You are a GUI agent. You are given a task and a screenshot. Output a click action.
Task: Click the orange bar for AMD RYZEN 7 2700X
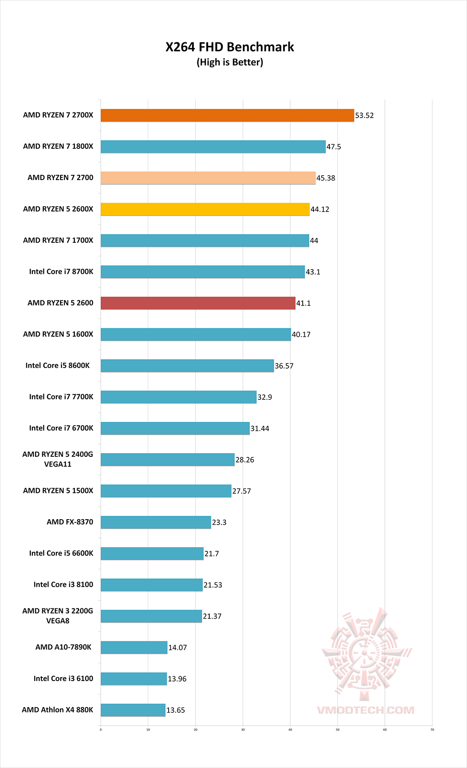227,116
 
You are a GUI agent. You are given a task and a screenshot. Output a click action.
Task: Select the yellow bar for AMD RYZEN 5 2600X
205,209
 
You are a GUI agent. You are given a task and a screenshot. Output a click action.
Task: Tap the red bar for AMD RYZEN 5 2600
198,303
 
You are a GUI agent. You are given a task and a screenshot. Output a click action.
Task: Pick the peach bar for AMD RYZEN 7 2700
208,178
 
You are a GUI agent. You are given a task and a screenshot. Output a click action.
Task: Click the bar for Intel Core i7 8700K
203,272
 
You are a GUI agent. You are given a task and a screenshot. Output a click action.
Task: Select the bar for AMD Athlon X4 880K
133,710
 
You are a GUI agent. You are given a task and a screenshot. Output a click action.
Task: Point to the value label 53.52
364,116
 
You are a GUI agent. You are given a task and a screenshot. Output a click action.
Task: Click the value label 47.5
333,147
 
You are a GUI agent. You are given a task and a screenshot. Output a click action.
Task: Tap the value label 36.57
284,366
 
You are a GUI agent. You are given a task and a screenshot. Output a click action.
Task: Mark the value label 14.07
177,648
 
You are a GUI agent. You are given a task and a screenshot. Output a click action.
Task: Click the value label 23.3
219,522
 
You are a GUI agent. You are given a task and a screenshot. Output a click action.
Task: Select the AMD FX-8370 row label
70,522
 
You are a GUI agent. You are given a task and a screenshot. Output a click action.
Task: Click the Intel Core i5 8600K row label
58,366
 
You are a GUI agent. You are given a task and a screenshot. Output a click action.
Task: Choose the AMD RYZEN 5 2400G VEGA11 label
58,459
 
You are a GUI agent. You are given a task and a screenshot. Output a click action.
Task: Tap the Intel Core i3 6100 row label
63,678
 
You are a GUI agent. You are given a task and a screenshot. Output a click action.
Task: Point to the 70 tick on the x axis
432,729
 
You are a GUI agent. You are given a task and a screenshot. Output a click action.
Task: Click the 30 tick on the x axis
243,729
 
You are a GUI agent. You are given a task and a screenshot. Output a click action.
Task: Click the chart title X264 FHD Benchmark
230,47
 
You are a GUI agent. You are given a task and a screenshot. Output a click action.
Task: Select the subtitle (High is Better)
230,62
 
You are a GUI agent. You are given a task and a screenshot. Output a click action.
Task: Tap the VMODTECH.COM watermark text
365,710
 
